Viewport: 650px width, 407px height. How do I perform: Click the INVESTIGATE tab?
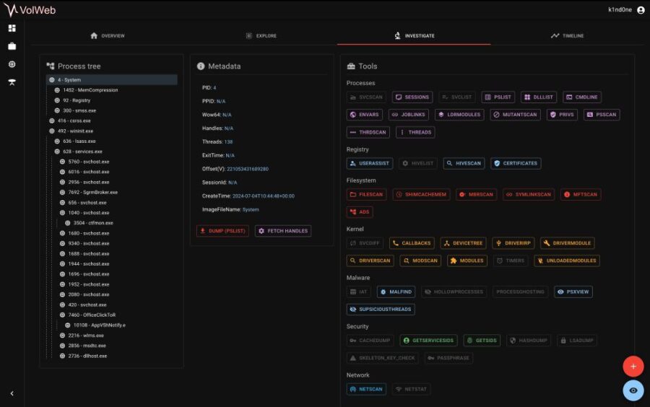414,35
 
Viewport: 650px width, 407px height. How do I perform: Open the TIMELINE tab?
567,35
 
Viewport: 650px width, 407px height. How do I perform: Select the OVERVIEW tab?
107,35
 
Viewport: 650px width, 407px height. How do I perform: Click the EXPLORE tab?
261,35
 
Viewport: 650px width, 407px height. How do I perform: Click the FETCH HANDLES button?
282,231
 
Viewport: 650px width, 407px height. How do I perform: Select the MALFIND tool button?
396,292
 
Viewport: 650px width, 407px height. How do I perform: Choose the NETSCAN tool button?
366,389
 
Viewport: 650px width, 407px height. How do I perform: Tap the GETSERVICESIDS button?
428,340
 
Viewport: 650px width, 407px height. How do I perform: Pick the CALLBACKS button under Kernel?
412,243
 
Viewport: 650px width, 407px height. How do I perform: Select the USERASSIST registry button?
369,163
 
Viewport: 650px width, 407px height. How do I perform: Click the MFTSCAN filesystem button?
580,195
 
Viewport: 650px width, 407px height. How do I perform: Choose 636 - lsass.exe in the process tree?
79,141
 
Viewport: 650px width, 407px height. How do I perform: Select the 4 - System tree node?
70,80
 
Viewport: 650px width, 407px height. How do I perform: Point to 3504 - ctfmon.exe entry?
93,223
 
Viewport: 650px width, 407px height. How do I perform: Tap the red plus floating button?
633,367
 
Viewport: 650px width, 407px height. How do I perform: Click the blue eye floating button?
633,390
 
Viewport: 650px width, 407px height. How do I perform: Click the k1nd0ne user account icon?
641,10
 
